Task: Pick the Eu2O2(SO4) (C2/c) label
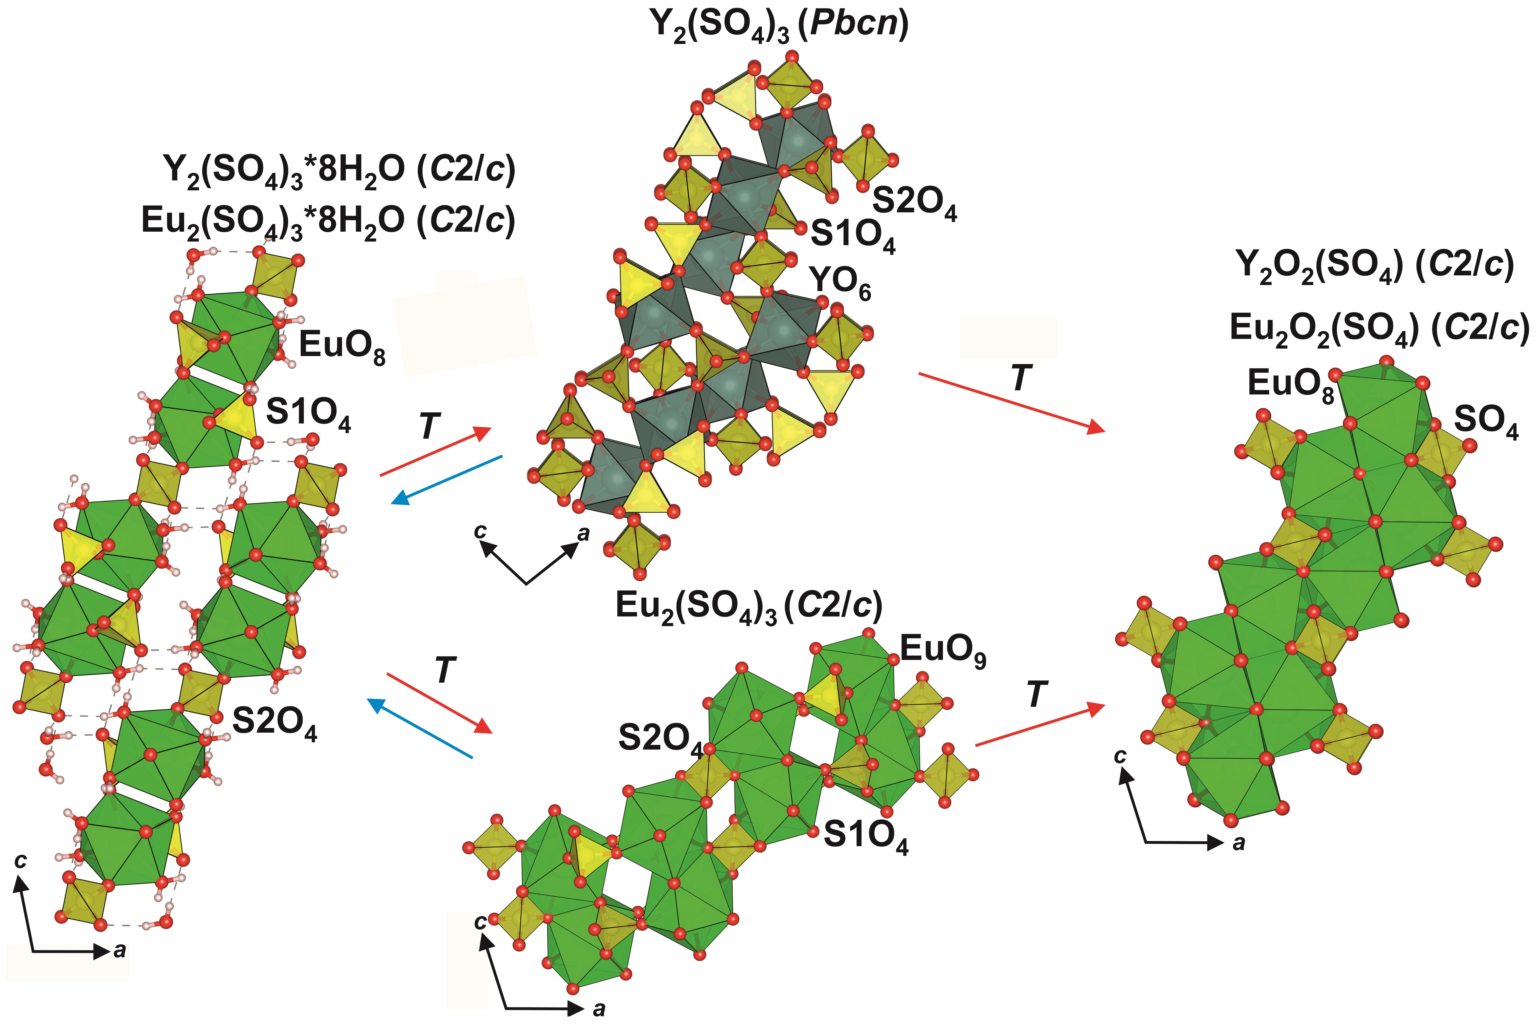pyautogui.click(x=1379, y=329)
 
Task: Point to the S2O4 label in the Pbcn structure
pyautogui.click(x=914, y=204)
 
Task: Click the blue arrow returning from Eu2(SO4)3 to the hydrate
pyautogui.click(x=420, y=729)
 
